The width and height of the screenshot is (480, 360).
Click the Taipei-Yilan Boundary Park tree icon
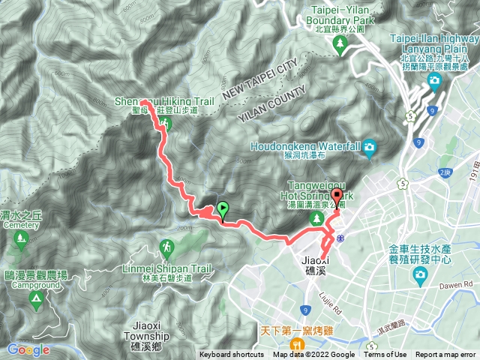pyautogui.click(x=341, y=44)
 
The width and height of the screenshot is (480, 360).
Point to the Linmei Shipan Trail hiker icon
pyautogui.click(x=166, y=246)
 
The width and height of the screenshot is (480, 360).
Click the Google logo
pyautogui.click(x=28, y=349)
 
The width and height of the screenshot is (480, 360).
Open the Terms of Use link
pyautogui.click(x=385, y=355)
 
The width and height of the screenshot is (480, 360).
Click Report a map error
pyautogui.click(x=445, y=355)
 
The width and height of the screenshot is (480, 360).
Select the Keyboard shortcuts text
pyautogui.click(x=231, y=355)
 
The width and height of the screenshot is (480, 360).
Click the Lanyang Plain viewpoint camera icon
pyautogui.click(x=434, y=81)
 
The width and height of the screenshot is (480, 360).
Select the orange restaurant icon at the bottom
pyautogui.click(x=298, y=344)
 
